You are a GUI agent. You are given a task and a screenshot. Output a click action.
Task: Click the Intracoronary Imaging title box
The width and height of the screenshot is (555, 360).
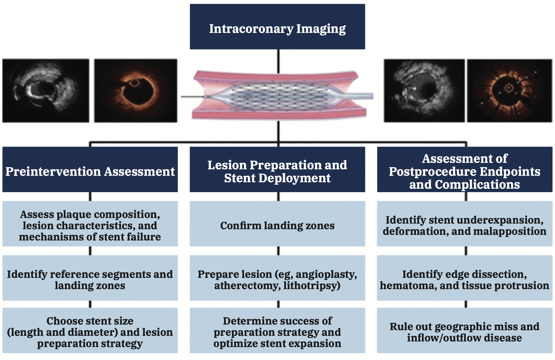tap(277, 27)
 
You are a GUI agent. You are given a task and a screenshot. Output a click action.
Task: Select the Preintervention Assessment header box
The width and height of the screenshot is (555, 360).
tap(90, 169)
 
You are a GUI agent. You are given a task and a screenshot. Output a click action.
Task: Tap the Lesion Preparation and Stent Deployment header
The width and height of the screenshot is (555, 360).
tap(277, 169)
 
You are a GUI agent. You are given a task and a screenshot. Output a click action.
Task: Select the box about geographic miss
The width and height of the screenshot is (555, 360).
tap(464, 330)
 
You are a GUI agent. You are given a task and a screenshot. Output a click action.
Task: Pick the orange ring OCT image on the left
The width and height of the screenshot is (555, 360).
tap(136, 91)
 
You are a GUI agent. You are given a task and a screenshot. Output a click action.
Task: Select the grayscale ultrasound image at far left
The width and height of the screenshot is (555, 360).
tap(46, 91)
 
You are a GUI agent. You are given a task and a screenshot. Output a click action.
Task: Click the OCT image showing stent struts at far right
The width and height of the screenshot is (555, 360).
tap(509, 91)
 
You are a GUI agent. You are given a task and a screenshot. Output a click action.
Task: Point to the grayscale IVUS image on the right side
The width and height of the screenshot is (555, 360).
tap(424, 91)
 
